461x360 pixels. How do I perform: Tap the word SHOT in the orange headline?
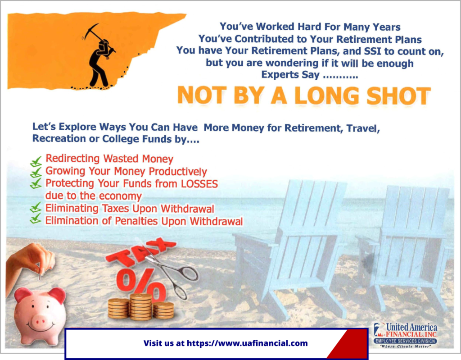pos(398,96)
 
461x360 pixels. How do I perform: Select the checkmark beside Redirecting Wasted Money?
pos(36,161)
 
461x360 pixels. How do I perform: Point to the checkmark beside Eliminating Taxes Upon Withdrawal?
pos(36,207)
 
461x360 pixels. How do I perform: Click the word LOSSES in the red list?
pos(199,184)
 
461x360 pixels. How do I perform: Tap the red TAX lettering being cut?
pos(140,252)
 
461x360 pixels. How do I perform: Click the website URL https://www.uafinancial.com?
pos(247,343)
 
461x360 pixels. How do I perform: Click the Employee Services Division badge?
pos(406,341)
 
